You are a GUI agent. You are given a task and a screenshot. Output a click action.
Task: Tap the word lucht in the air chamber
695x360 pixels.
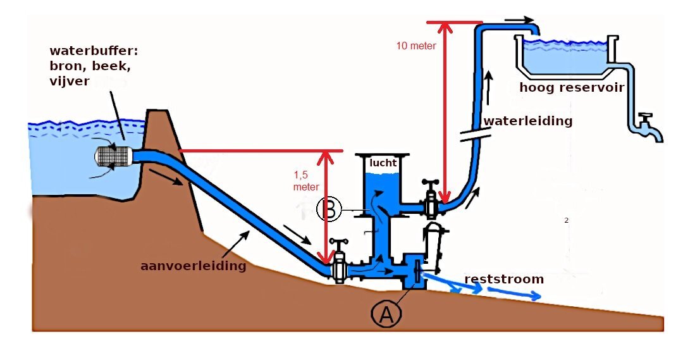pos(383,163)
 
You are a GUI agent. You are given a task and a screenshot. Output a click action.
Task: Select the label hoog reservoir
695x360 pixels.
pos(572,88)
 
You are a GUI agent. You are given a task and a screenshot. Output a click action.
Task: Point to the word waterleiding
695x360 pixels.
pos(527,121)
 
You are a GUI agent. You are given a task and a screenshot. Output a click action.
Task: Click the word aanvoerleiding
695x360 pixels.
pos(193,266)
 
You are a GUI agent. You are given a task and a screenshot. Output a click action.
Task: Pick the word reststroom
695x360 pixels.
pos(504,279)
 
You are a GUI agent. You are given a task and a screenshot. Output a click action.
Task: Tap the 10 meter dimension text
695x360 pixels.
pos(415,46)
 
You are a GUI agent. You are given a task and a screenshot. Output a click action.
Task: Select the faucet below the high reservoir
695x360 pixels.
pos(647,125)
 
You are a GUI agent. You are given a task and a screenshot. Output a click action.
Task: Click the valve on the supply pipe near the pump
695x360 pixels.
pos(340,261)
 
